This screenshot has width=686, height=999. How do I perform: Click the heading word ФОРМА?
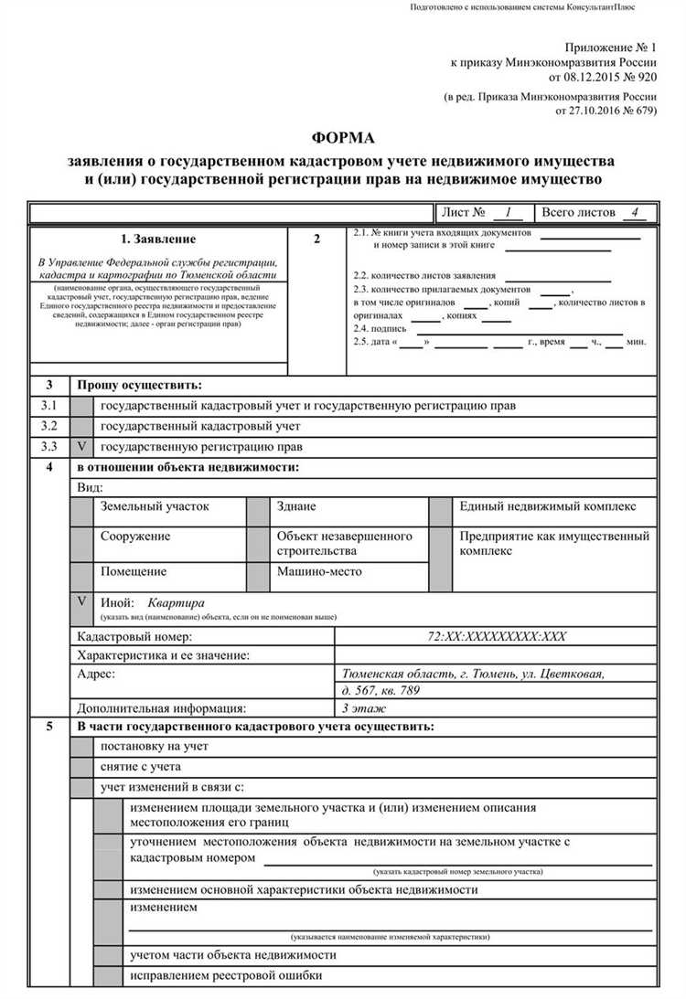click(343, 138)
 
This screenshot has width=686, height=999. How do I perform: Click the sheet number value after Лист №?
click(506, 212)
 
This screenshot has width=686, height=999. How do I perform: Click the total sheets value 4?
click(632, 212)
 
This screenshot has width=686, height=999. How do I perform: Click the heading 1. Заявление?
click(158, 239)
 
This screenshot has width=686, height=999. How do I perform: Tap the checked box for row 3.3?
click(82, 447)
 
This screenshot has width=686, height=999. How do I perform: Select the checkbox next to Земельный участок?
click(82, 512)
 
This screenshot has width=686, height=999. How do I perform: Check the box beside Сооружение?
click(82, 543)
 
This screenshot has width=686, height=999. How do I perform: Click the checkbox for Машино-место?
click(258, 577)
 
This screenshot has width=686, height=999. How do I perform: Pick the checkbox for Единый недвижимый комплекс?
click(441, 512)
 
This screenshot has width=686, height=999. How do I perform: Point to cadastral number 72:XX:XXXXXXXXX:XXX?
click(497, 636)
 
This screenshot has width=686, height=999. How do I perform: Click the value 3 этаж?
click(364, 707)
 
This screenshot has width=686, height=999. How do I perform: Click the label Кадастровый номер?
click(134, 636)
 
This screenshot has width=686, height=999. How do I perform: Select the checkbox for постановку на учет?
click(82, 746)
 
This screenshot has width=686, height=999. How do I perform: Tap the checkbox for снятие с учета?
click(82, 767)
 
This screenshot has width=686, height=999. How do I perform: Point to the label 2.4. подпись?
click(379, 327)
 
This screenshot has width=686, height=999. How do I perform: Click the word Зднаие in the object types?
click(296, 506)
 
